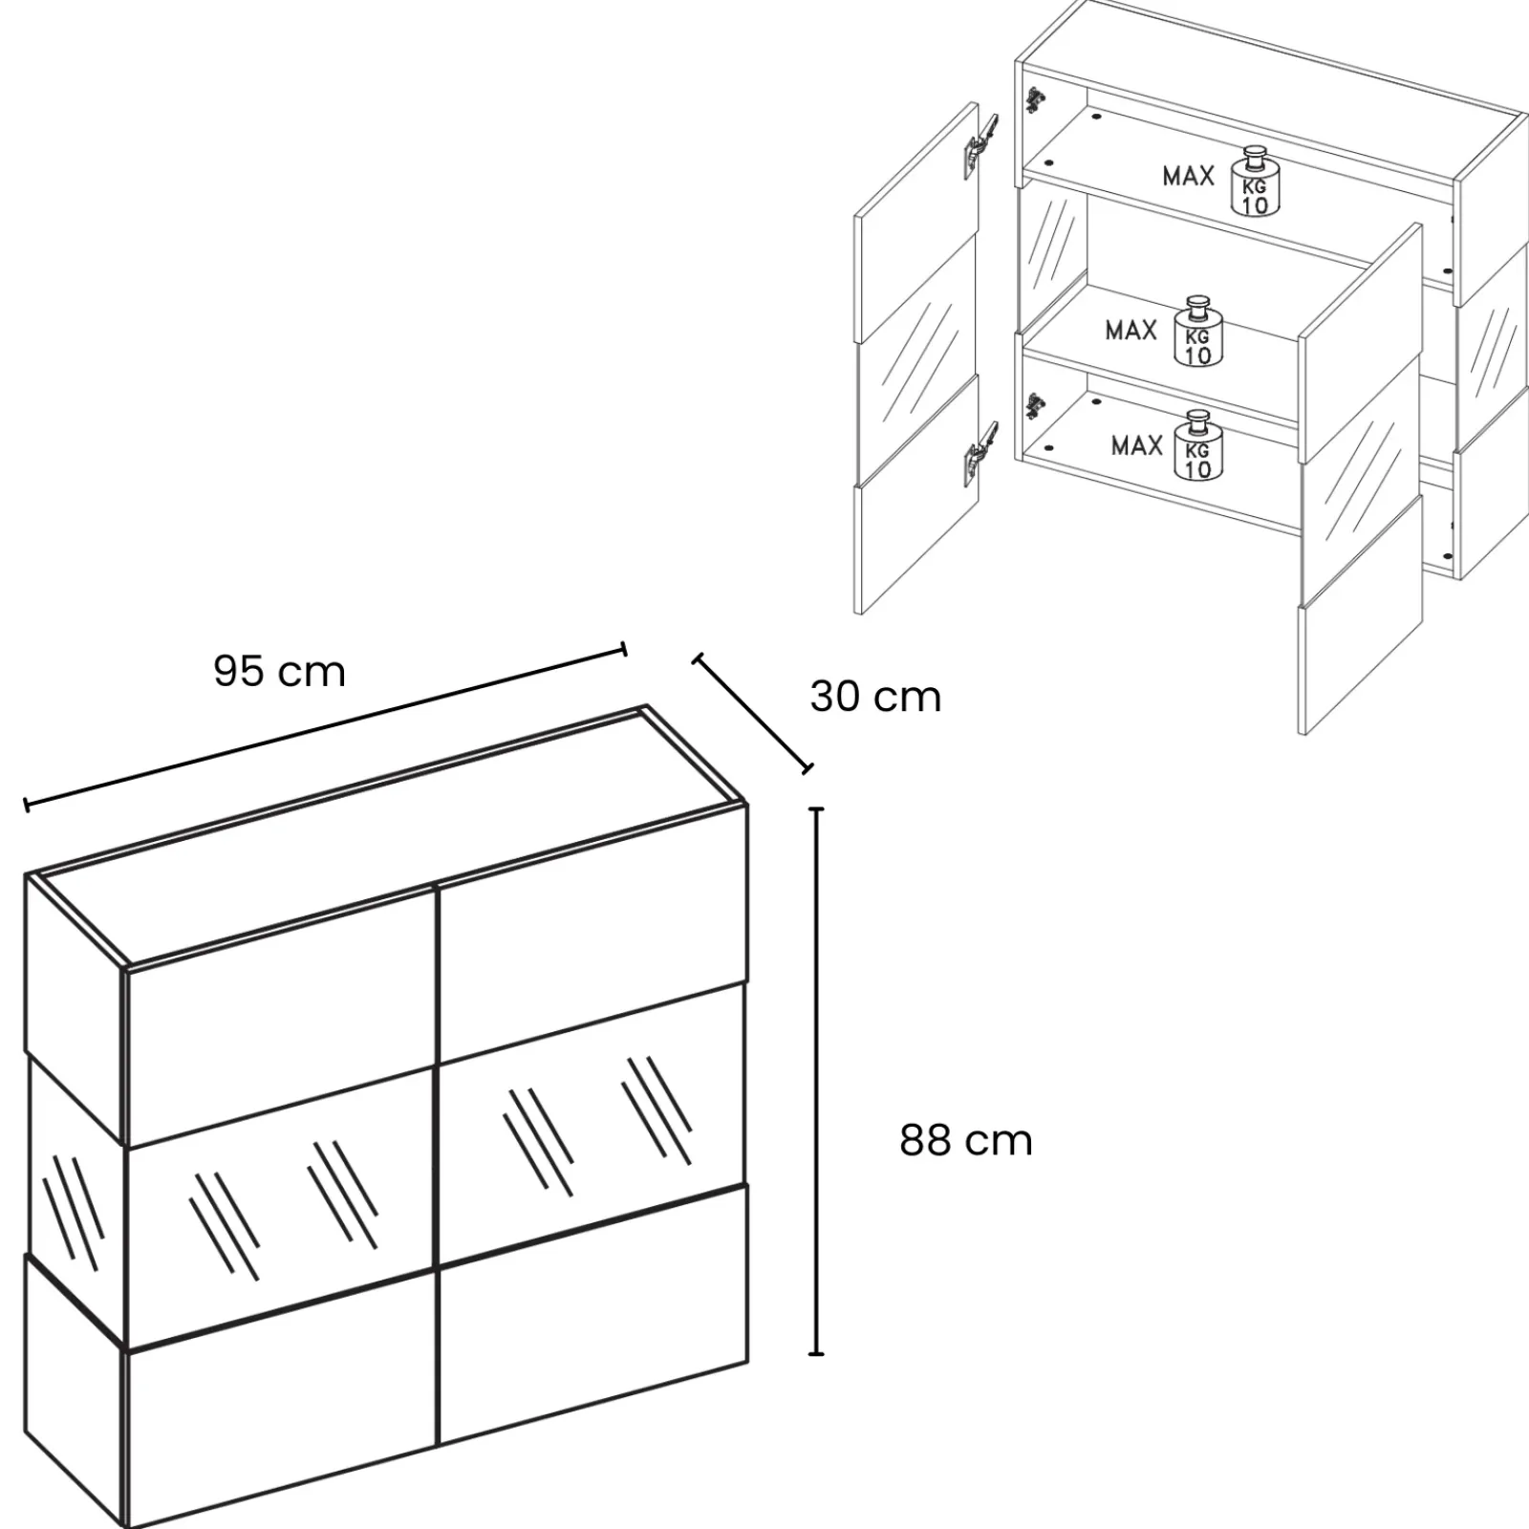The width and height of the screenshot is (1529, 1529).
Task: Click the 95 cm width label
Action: click(279, 672)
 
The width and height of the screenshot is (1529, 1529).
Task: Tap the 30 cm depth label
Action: click(875, 697)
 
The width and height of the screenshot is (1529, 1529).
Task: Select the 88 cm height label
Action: click(966, 1141)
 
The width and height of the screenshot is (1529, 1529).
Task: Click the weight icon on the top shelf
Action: click(1254, 182)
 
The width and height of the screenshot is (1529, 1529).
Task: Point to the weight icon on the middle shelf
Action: click(1198, 332)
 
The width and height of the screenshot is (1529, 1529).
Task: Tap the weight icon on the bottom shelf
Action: click(1198, 446)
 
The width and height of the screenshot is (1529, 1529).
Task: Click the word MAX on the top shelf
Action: click(1188, 176)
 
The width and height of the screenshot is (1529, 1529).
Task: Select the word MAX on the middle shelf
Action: click(1131, 331)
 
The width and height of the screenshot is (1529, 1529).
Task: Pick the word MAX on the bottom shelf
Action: click(1136, 445)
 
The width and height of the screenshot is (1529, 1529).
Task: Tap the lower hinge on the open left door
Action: click(981, 452)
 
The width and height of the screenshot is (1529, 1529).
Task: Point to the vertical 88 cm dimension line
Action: click(816, 1081)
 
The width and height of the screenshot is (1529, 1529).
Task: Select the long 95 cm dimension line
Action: click(326, 727)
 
